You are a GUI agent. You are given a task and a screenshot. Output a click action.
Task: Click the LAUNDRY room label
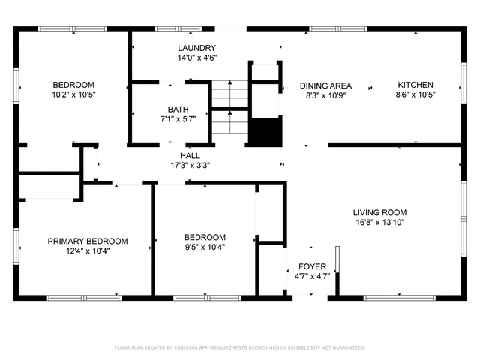tap(197, 48)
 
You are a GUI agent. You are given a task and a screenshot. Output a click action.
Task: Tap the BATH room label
tap(178, 109)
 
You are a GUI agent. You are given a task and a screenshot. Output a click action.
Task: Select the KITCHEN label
tap(415, 85)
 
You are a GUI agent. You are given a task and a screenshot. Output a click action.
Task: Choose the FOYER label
tap(312, 266)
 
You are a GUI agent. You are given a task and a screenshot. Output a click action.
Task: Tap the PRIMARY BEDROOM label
tap(88, 241)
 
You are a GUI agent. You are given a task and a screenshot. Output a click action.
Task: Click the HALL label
tap(190, 155)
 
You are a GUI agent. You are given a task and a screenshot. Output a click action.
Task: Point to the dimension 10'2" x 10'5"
tap(73, 94)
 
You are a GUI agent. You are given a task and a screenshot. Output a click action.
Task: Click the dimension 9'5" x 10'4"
tap(205, 247)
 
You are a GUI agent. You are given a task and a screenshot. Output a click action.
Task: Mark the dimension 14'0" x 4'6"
tap(197, 58)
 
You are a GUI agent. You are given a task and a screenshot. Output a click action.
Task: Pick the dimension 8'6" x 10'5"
tap(415, 94)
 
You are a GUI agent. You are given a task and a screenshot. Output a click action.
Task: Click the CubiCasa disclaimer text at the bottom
tap(240, 347)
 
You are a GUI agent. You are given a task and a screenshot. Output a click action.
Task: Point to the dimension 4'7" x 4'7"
tap(312, 276)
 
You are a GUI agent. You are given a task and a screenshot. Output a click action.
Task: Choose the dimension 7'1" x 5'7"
tap(178, 118)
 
